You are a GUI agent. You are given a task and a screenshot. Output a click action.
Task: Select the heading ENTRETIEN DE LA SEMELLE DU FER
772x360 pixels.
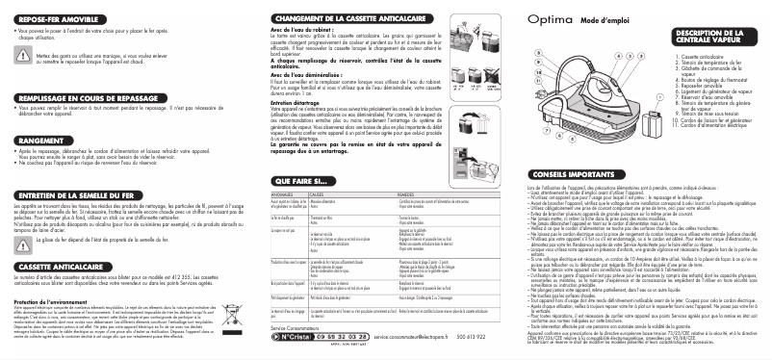pyautogui.click(x=78, y=195)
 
